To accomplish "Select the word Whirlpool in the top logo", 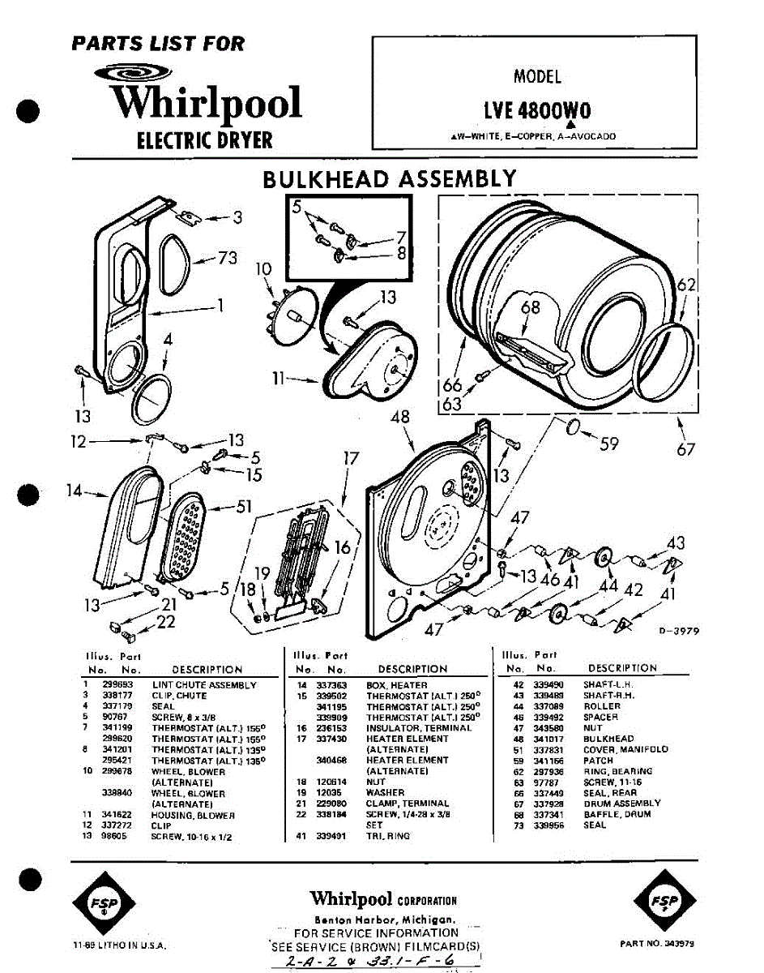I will pyautogui.click(x=206, y=104).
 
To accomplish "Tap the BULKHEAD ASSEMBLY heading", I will pyautogui.click(x=389, y=179).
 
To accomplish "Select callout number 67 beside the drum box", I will pyautogui.click(x=685, y=448).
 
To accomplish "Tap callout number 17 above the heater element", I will pyautogui.click(x=350, y=458).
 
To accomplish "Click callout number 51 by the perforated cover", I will pyautogui.click(x=244, y=508).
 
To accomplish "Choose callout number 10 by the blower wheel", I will pyautogui.click(x=263, y=268).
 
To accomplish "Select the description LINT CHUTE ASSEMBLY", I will pyautogui.click(x=204, y=685).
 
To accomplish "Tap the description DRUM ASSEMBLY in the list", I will pyautogui.click(x=621, y=804).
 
